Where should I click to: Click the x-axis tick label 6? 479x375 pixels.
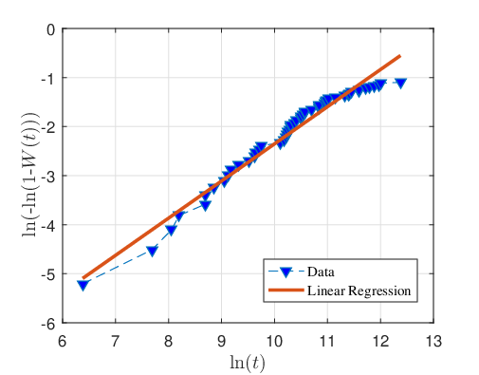point(63,342)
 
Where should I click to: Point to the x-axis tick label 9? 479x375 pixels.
point(222,342)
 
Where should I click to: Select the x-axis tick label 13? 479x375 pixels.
point(433,342)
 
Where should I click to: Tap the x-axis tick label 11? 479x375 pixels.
point(327,342)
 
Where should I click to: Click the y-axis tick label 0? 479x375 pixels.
point(51,30)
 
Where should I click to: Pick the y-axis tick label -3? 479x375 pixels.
point(48,176)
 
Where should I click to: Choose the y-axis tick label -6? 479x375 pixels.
point(48,324)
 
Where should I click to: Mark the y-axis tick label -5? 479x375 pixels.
point(48,273)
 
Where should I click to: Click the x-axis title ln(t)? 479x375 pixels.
point(248,363)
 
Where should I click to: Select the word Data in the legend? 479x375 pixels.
point(321,272)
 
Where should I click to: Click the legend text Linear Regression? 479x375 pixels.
point(359,291)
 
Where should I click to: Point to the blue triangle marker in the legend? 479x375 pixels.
point(286,272)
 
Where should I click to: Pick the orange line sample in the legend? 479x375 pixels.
point(286,291)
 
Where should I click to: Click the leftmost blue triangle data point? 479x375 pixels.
point(83,286)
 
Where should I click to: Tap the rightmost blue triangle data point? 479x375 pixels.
point(401,84)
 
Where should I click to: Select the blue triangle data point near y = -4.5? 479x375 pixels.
point(153,251)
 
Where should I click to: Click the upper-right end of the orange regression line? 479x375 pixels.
point(400,56)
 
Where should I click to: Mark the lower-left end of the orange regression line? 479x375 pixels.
point(83,278)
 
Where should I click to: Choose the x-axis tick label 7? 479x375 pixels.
point(116,342)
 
